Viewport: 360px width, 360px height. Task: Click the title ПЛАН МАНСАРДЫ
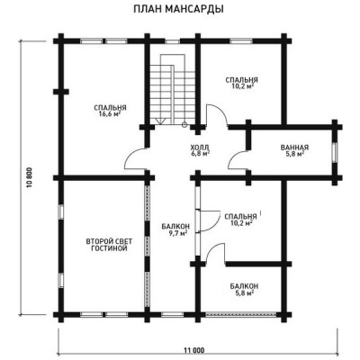[178, 9]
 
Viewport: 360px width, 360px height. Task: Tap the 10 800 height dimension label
[29, 179]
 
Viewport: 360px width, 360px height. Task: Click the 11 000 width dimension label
[194, 350]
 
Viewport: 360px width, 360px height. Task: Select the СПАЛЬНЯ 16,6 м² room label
[110, 111]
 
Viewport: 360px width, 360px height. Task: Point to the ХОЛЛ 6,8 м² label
[200, 150]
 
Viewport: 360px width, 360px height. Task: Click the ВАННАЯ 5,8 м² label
[294, 150]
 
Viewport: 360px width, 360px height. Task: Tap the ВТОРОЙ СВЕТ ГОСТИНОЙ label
[109, 245]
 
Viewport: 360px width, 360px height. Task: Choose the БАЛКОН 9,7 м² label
[175, 229]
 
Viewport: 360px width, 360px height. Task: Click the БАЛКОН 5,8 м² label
[244, 290]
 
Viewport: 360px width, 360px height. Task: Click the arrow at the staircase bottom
[160, 121]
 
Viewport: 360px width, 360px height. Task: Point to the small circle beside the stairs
[184, 124]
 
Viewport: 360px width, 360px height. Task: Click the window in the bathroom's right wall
[335, 152]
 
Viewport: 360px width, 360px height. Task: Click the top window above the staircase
[172, 41]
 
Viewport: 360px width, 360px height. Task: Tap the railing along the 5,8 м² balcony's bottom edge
[240, 314]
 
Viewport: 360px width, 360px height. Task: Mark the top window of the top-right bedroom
[241, 41]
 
